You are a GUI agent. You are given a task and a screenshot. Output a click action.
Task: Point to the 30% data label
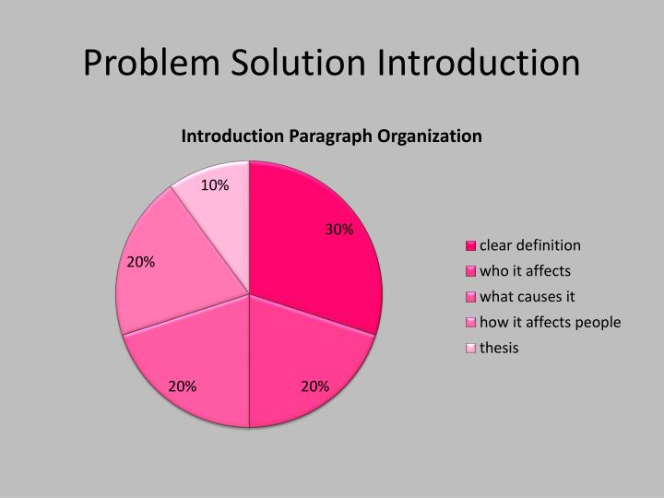click(339, 230)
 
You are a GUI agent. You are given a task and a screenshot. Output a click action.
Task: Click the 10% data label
click(215, 185)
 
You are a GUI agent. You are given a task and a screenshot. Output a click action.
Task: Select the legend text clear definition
click(529, 245)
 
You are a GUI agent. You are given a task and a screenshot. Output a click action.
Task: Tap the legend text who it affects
click(525, 271)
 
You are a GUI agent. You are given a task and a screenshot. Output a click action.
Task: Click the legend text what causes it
click(527, 297)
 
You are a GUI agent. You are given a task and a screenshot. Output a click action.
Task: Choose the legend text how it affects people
click(550, 322)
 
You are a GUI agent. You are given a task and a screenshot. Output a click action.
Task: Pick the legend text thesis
click(499, 348)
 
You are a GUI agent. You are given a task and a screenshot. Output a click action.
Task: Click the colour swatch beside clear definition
click(470, 246)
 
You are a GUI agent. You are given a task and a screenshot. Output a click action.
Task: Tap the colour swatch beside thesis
click(470, 349)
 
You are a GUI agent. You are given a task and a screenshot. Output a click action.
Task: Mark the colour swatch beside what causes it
click(470, 297)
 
